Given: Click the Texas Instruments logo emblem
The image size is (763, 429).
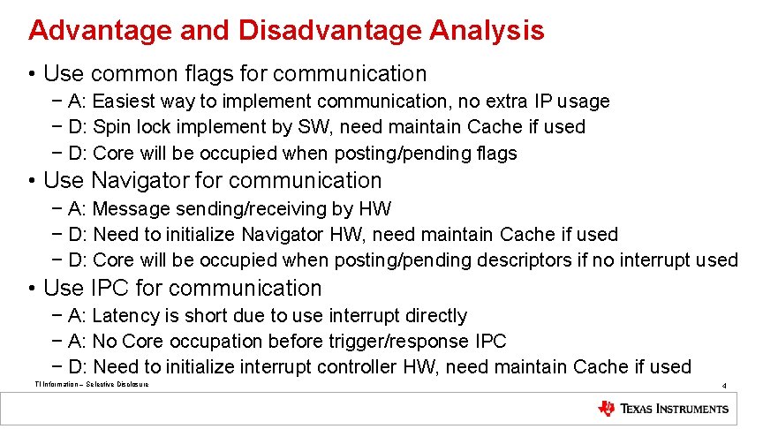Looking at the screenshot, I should (607, 409).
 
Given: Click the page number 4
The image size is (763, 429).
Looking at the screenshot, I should (724, 386).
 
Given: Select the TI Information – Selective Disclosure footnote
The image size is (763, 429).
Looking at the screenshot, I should (91, 384).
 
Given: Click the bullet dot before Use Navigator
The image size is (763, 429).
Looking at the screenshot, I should (32, 181).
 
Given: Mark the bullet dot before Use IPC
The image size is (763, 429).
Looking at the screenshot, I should (32, 289).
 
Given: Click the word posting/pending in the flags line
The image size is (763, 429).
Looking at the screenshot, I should (400, 154).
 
